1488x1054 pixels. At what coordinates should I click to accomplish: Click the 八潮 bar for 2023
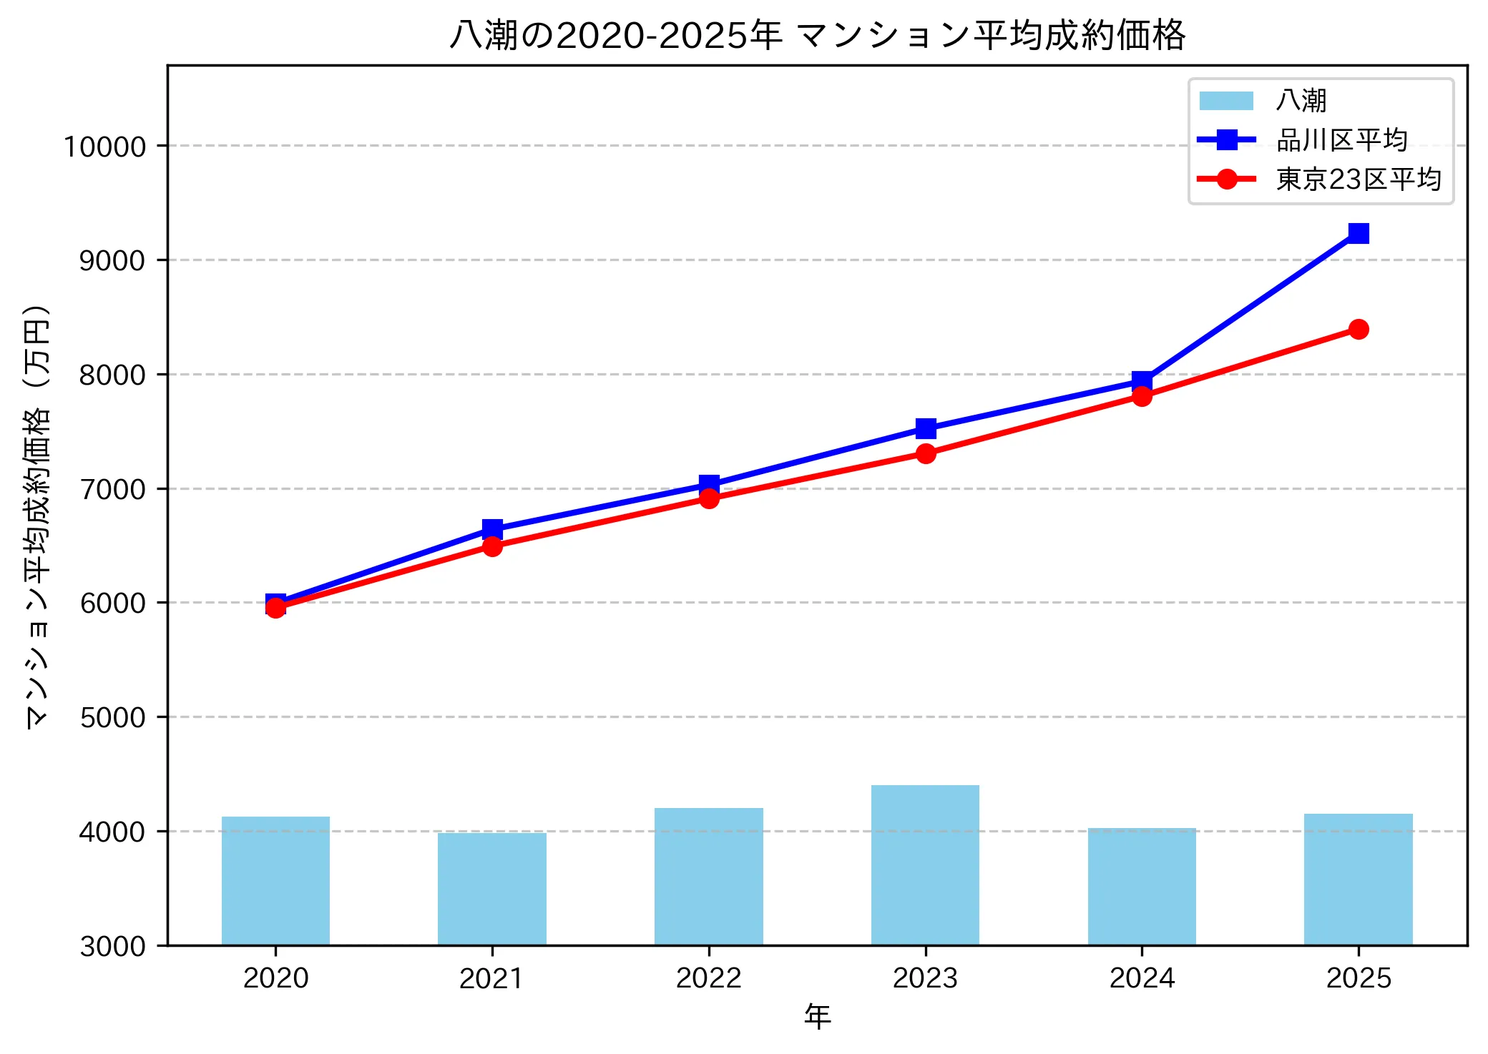(925, 865)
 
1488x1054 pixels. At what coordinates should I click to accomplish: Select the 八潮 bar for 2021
(492, 889)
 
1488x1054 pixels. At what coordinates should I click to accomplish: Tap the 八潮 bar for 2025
(1358, 880)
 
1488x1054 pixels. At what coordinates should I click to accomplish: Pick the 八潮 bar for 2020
(275, 881)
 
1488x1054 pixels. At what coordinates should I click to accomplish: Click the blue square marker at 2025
(1359, 233)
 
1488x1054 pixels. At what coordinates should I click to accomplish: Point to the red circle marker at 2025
(1359, 329)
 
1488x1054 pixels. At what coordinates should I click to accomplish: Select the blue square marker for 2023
(926, 428)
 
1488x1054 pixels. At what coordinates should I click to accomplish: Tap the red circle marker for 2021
(492, 546)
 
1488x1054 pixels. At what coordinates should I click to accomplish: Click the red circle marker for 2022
(709, 498)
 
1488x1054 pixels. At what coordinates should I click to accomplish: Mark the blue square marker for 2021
(492, 529)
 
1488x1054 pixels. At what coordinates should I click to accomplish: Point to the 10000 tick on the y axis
(105, 147)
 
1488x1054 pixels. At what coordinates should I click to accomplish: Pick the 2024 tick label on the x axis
(1142, 978)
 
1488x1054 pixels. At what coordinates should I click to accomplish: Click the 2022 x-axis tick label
(709, 978)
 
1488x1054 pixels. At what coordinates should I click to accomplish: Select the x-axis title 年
(817, 1016)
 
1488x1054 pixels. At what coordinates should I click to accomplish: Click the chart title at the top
(817, 35)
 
